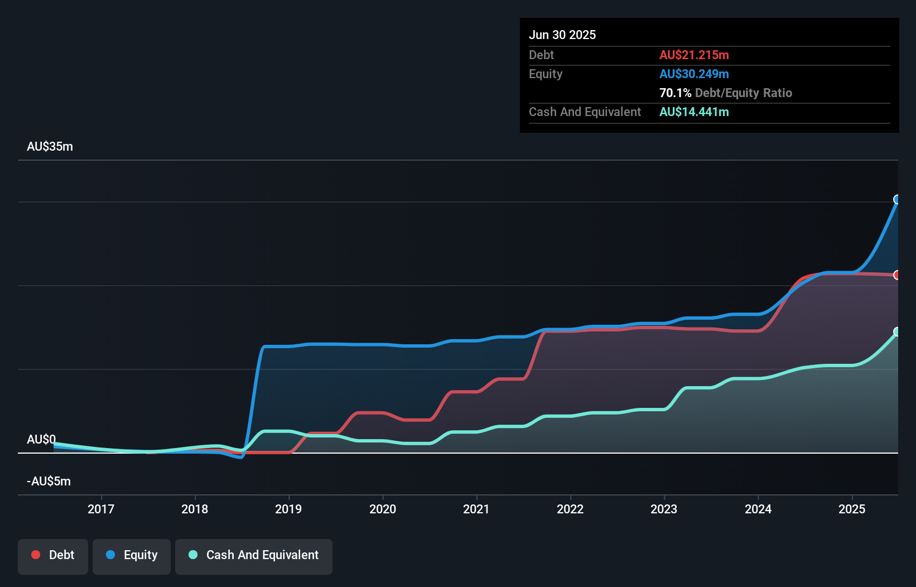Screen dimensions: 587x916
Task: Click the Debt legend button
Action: [x=53, y=556]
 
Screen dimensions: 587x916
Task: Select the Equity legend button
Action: [x=132, y=556]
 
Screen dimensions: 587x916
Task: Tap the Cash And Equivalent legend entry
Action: [x=254, y=556]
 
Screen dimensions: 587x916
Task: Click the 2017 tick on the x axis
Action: [x=101, y=509]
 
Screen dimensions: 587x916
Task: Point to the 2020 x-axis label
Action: [x=383, y=509]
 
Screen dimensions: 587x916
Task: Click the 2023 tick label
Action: [x=664, y=509]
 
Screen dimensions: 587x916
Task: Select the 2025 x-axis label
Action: [x=852, y=509]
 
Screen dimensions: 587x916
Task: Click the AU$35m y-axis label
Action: [x=50, y=147]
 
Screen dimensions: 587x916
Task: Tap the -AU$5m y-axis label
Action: [x=49, y=482]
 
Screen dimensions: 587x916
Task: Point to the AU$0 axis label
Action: [x=41, y=440]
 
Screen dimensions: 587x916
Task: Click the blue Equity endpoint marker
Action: [x=897, y=200]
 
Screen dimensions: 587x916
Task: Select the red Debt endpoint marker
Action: [x=897, y=275]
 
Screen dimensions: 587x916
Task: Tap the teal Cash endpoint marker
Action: [x=897, y=332]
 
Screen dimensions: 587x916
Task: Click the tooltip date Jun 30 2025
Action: [x=562, y=35]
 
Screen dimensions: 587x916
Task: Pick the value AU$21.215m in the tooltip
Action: [x=694, y=55]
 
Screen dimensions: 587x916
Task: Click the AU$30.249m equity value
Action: [x=694, y=74]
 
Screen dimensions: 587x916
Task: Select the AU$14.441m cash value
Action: [x=694, y=112]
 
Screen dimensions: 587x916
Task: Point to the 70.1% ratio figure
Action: [x=675, y=93]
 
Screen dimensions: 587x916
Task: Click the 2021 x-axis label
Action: [x=476, y=509]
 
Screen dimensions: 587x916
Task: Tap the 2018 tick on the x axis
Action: [x=195, y=509]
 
